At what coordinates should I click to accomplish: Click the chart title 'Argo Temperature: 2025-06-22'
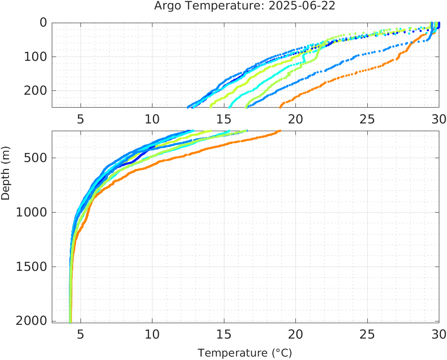[244, 6]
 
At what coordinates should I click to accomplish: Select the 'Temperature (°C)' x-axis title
[244, 353]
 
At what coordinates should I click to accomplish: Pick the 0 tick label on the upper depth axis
[43, 23]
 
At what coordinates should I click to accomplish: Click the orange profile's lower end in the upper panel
[280, 106]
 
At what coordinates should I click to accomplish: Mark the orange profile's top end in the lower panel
[280, 131]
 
